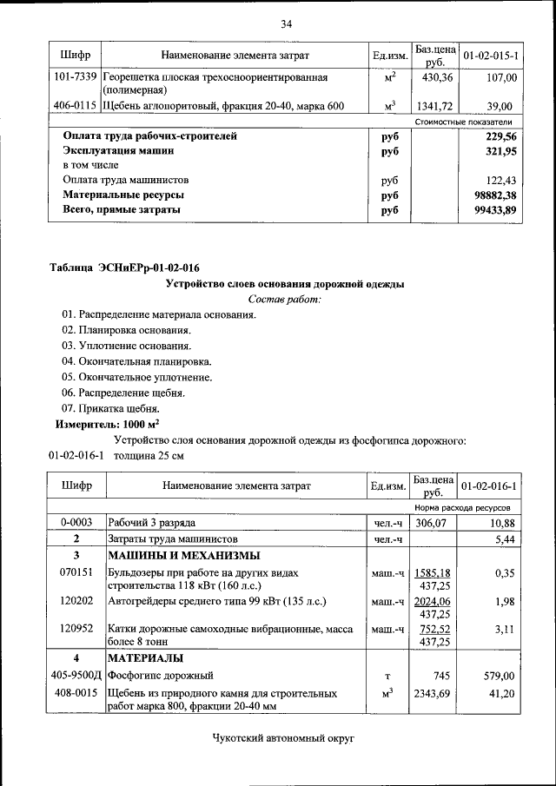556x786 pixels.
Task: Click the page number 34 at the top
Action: [x=286, y=23]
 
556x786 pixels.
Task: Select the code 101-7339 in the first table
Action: [x=75, y=78]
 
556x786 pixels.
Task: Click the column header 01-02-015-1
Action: [x=492, y=56]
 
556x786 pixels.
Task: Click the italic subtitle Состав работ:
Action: [x=285, y=299]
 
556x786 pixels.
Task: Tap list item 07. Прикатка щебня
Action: [x=110, y=408]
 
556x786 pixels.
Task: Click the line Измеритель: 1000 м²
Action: [x=108, y=425]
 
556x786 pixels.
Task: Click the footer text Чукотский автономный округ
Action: [x=285, y=738]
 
